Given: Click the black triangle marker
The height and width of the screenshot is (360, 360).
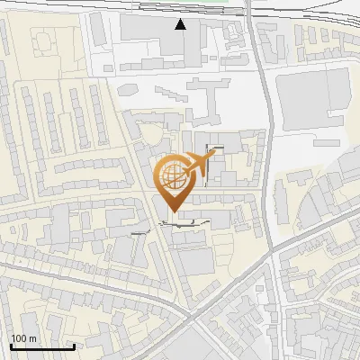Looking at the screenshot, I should [181, 24].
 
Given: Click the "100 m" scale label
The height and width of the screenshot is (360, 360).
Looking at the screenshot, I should [24, 338].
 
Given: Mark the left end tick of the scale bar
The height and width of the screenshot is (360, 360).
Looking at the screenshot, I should [11, 346].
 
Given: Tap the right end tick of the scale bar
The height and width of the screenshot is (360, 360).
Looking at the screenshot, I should [74, 346].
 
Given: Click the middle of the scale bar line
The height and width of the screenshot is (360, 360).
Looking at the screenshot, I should [42, 347].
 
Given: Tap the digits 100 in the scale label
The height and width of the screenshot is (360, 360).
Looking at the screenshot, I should [19, 338].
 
